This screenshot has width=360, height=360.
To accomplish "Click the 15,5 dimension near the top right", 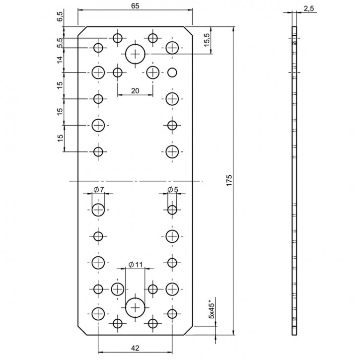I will [x=207, y=39].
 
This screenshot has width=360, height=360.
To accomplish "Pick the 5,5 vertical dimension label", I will [x=61, y=43].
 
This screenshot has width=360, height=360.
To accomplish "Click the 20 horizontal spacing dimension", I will [x=135, y=90].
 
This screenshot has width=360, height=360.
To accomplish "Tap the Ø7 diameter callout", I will [x=98, y=190].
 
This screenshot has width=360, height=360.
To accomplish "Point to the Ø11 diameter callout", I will [x=135, y=264].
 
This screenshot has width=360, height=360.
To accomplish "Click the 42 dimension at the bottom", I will [x=135, y=348].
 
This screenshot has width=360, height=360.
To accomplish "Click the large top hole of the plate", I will [x=135, y=53].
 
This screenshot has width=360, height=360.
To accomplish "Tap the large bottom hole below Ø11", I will [x=135, y=307].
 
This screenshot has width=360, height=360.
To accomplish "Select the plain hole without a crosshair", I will [x=172, y=72].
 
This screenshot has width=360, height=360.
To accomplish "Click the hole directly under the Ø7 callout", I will [x=98, y=210].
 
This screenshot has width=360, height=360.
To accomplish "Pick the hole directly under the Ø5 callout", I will [x=172, y=210].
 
